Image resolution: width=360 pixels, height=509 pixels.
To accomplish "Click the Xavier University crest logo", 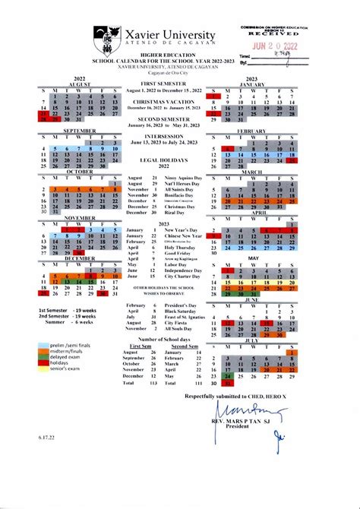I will [106, 36].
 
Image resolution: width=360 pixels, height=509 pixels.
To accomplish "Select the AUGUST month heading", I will [80, 84].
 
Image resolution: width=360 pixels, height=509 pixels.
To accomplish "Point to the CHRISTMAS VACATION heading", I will [165, 101].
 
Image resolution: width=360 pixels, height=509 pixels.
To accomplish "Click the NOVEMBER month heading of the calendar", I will [80, 218].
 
